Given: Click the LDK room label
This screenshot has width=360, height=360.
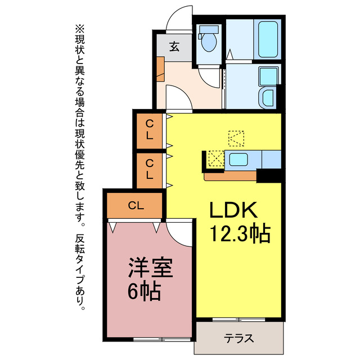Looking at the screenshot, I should pyautogui.click(x=233, y=210).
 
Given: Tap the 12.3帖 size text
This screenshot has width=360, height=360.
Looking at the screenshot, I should pyautogui.click(x=240, y=232).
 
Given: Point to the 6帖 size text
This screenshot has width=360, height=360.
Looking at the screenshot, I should pyautogui.click(x=143, y=291).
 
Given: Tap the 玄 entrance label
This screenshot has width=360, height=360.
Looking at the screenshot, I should pyautogui.click(x=174, y=47).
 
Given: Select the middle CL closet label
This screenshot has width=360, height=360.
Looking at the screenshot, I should pyautogui.click(x=149, y=169).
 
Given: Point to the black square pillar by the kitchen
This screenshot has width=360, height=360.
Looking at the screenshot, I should pyautogui.click(x=268, y=175).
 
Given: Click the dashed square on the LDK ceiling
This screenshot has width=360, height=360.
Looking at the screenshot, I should pyautogui.click(x=237, y=138).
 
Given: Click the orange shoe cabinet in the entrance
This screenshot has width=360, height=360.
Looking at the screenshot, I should pyautogui.click(x=160, y=67).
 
